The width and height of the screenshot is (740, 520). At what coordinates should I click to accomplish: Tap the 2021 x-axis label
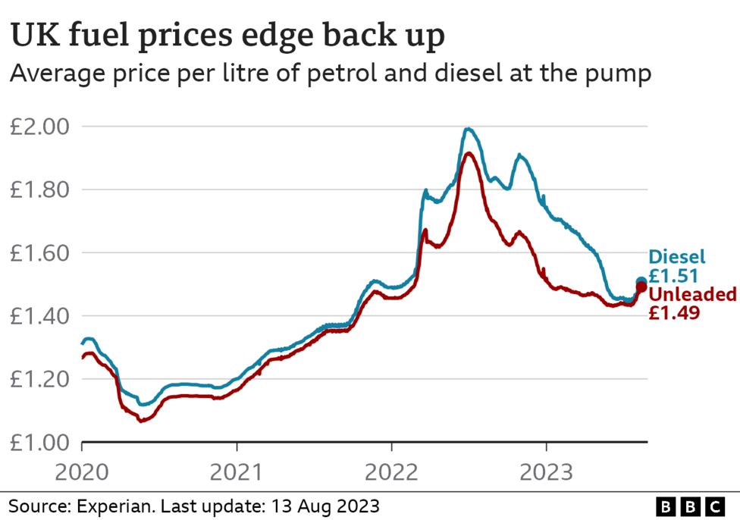pyautogui.click(x=237, y=473)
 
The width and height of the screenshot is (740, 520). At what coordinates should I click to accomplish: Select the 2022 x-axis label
pyautogui.click(x=391, y=473)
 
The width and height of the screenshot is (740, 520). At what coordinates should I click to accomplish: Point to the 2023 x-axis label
pyautogui.click(x=546, y=473)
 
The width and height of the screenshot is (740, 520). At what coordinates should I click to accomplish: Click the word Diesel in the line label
pyautogui.click(x=676, y=257)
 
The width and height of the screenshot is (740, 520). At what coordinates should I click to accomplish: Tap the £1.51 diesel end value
pyautogui.click(x=673, y=276)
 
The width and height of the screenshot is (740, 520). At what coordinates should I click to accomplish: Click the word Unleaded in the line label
pyautogui.click(x=691, y=294)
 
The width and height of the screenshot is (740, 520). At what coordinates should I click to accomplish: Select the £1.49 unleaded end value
pyautogui.click(x=673, y=312)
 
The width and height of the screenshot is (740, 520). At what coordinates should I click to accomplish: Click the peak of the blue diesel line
pyautogui.click(x=469, y=129)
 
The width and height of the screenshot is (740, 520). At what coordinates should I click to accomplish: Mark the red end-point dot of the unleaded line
pyautogui.click(x=641, y=287)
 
